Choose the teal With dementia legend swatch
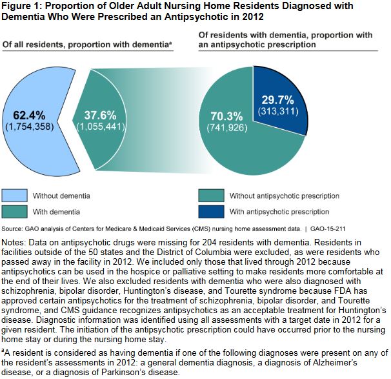[23, 211]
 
